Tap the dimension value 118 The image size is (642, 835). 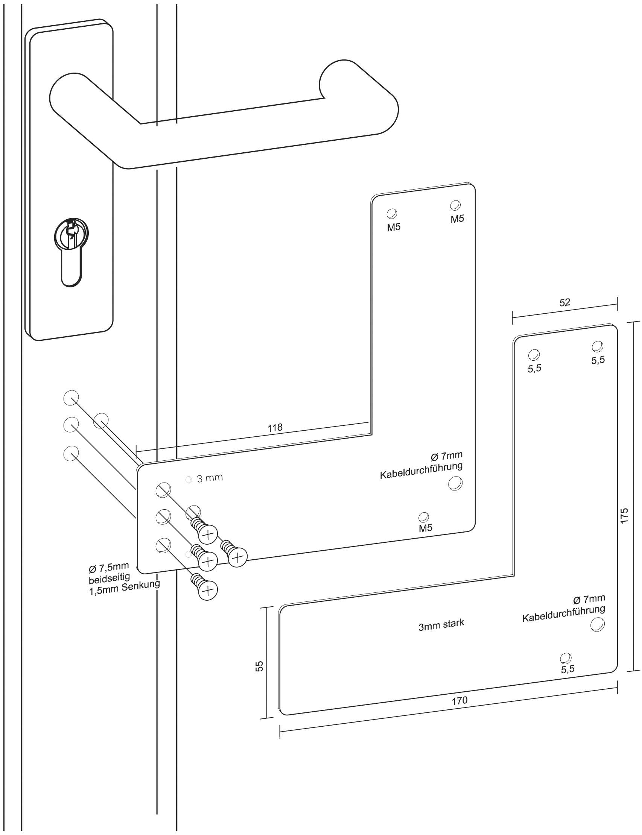click(x=275, y=428)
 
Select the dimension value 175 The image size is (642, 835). click(x=624, y=516)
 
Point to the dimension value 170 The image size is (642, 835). click(x=459, y=701)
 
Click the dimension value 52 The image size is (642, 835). click(x=564, y=302)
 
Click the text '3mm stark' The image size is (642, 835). click(x=441, y=625)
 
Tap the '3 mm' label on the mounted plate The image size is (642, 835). click(x=209, y=478)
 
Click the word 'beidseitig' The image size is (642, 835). click(x=109, y=578)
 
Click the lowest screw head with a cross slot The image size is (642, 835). click(x=208, y=591)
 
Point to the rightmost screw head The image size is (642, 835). click(x=238, y=557)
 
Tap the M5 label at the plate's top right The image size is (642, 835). click(x=457, y=219)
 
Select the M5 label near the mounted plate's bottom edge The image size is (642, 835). click(x=425, y=528)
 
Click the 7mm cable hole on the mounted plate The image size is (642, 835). click(x=455, y=483)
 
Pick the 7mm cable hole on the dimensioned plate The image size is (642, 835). click(x=597, y=624)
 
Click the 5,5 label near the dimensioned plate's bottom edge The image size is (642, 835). click(x=567, y=669)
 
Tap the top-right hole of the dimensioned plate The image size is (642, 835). click(x=598, y=346)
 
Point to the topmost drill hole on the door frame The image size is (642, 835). click(x=71, y=398)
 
